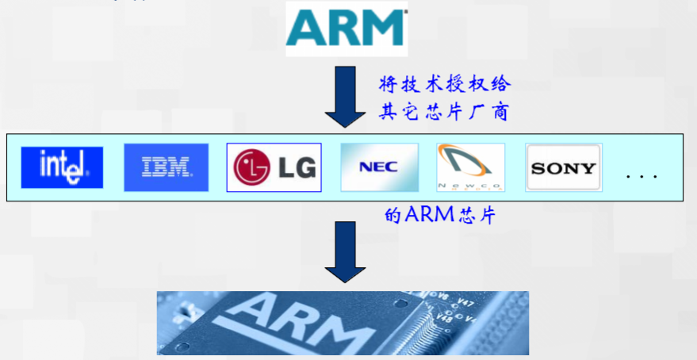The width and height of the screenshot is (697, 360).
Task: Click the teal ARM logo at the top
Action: [x=347, y=29]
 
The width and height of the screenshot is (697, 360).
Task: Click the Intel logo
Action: [x=62, y=167]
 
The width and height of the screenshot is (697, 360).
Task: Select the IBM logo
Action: [x=166, y=167]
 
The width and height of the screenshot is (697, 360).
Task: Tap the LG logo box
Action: [x=274, y=167]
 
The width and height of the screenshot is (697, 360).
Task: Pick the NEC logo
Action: [x=379, y=167]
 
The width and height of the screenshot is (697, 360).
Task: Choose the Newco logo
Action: [x=471, y=167]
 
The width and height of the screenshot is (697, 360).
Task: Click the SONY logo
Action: [x=563, y=167]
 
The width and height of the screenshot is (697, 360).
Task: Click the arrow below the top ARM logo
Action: [x=346, y=97]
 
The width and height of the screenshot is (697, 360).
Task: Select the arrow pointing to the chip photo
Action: [x=346, y=252]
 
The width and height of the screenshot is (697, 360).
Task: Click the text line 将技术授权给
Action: [x=443, y=84]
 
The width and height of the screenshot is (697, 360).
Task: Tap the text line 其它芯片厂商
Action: [x=443, y=112]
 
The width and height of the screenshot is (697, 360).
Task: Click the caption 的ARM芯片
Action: [x=439, y=216]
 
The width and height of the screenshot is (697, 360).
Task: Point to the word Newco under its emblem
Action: [x=471, y=185]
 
